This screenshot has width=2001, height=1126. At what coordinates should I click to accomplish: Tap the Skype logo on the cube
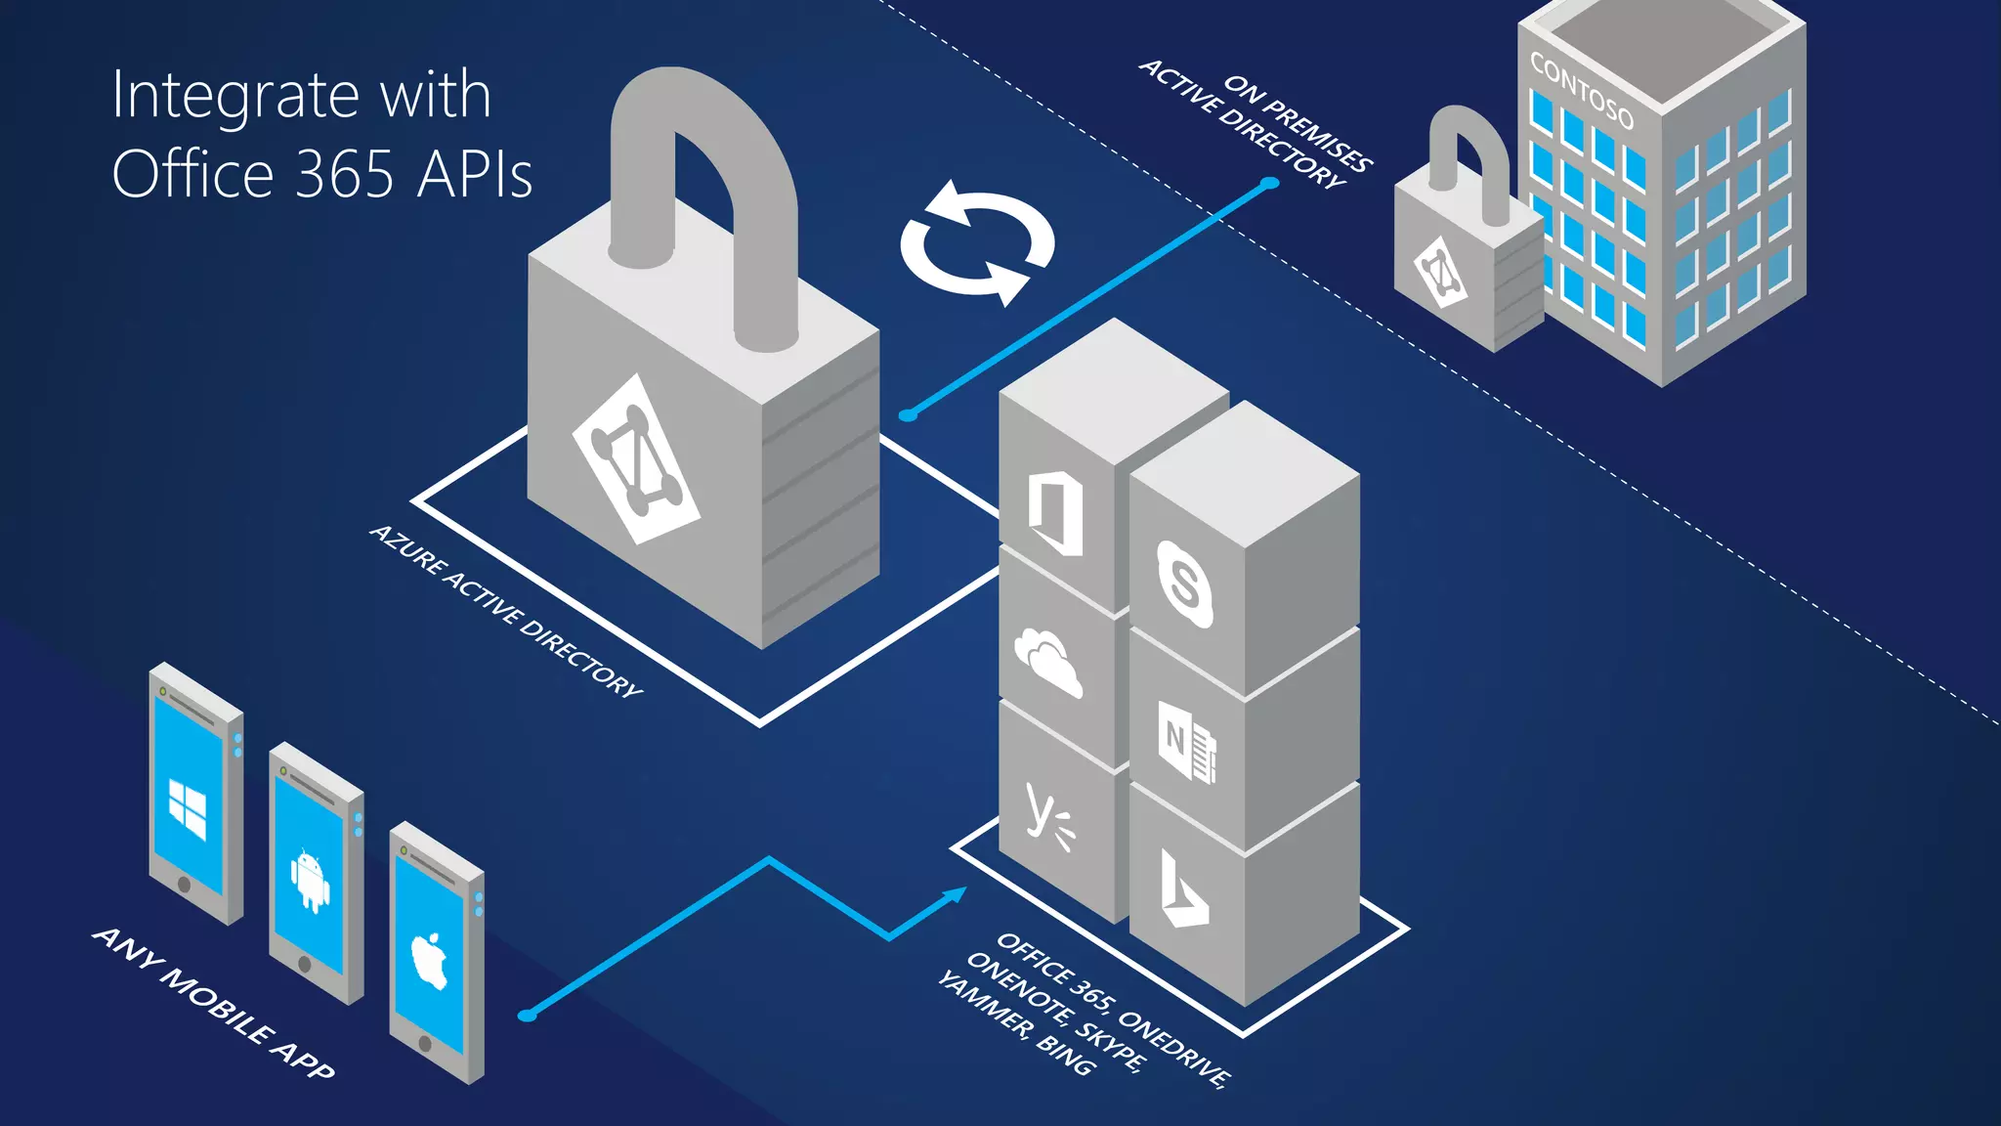click(x=1184, y=584)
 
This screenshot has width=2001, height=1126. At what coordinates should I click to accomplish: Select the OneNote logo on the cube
click(x=1186, y=740)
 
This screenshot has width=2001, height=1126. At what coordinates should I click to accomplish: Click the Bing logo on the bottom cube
click(x=1182, y=889)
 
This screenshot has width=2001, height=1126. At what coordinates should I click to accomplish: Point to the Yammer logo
click(x=1048, y=817)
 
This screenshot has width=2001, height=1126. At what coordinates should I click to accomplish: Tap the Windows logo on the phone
click(x=188, y=808)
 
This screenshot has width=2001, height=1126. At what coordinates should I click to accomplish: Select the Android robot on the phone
click(x=310, y=880)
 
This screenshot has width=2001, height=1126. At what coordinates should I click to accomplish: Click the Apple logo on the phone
click(x=430, y=960)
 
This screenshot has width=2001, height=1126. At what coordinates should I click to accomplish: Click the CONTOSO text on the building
click(x=1581, y=91)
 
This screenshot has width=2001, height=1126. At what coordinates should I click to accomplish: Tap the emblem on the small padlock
click(x=1440, y=272)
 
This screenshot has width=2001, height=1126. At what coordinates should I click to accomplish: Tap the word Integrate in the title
click(x=235, y=97)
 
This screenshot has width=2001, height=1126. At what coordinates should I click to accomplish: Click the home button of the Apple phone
click(x=425, y=1043)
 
